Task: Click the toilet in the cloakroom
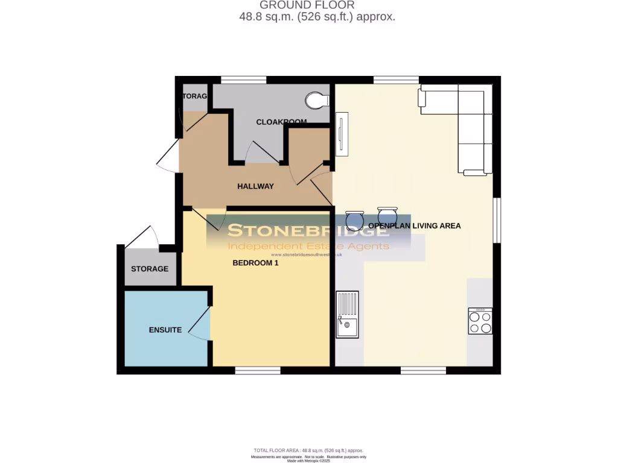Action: tap(317, 100)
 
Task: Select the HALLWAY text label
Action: tap(255, 186)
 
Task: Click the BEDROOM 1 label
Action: tap(256, 263)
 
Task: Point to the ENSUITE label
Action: tap(165, 330)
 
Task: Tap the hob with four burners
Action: tap(480, 321)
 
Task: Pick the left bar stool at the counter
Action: tap(354, 220)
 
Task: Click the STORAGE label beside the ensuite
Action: tap(150, 269)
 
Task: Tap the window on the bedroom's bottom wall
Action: tap(258, 370)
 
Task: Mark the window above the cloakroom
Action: tap(244, 80)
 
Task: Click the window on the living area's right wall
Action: tap(497, 221)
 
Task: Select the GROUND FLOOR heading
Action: tap(316, 5)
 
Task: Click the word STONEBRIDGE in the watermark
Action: tap(308, 230)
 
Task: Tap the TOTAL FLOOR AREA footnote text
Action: tap(308, 450)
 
